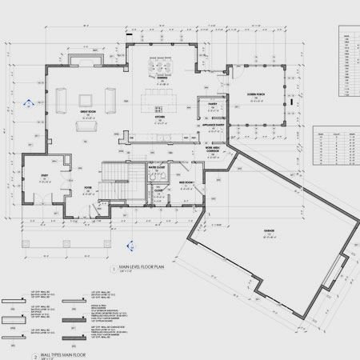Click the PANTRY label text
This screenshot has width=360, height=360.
point(214,104)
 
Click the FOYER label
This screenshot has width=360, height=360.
point(88,189)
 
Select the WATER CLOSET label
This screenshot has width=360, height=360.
point(156,166)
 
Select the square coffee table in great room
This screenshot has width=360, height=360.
point(84,126)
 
